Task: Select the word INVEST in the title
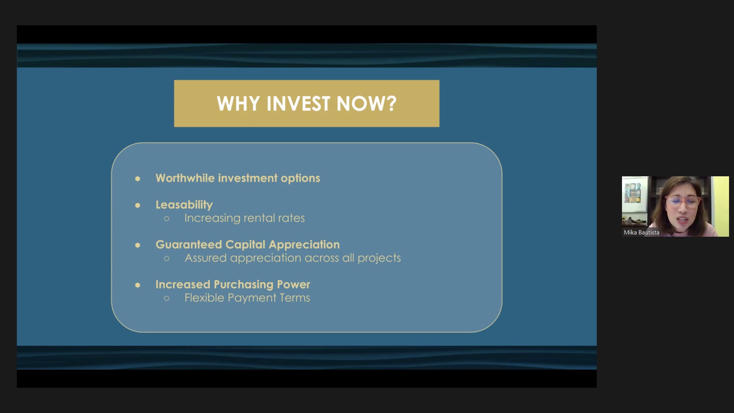(x=298, y=104)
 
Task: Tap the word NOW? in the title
(x=367, y=104)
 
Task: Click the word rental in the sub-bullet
(x=259, y=218)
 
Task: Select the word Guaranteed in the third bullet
(x=189, y=245)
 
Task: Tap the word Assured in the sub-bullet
(x=206, y=258)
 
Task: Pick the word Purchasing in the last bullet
(x=244, y=285)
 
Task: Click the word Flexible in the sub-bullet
(x=204, y=298)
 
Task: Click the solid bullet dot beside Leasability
(x=138, y=205)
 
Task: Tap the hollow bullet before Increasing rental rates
(x=167, y=219)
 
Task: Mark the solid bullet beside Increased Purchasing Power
(x=138, y=285)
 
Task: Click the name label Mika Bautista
(x=641, y=233)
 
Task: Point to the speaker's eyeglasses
(x=682, y=202)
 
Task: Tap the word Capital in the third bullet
(x=245, y=245)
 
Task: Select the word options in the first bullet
(x=300, y=179)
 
